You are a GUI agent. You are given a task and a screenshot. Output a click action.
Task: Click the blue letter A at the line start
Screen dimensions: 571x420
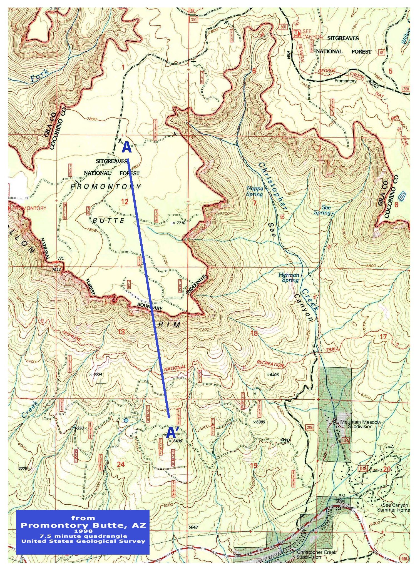click(126, 147)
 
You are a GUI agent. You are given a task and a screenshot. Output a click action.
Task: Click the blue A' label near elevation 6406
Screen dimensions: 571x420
click(172, 432)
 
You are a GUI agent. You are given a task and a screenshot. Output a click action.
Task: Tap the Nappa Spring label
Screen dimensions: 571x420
click(255, 191)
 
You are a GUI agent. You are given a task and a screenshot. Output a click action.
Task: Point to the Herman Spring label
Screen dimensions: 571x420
click(289, 277)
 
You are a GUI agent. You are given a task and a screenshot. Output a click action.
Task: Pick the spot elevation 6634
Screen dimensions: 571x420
click(98, 374)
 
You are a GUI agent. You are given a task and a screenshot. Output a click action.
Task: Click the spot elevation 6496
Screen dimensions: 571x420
click(274, 375)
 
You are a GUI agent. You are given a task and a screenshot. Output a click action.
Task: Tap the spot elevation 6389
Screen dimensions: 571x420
click(260, 422)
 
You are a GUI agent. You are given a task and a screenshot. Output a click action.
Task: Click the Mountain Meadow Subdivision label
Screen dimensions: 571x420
click(360, 424)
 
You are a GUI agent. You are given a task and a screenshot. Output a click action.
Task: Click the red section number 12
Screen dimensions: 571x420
click(125, 202)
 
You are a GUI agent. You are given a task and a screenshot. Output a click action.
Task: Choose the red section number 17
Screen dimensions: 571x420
click(383, 337)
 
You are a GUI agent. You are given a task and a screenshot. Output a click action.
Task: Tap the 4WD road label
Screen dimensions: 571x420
click(285, 440)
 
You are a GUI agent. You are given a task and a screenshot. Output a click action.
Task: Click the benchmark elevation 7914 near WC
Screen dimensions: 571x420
click(56, 269)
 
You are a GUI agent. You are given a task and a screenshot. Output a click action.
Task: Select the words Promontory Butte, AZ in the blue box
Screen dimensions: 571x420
click(83, 525)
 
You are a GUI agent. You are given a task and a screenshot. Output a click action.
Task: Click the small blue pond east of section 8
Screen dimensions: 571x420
click(402, 196)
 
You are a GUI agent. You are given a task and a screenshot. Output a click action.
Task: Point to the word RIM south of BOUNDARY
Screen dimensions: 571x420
click(170, 325)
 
